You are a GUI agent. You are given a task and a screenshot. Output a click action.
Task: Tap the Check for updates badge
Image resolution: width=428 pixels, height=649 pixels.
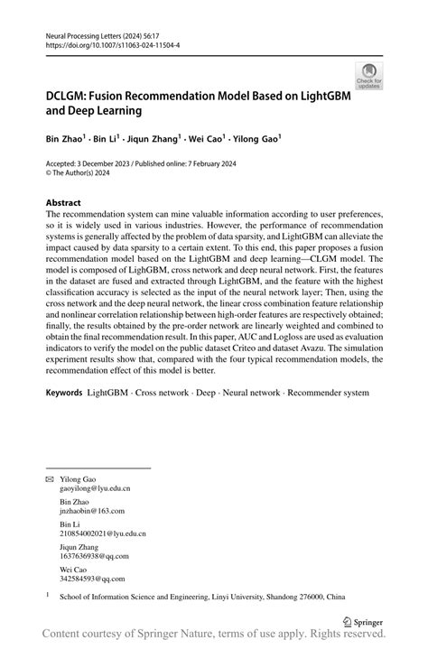(368, 77)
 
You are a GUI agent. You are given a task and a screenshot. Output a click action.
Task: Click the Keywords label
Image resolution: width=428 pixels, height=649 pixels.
(64, 394)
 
